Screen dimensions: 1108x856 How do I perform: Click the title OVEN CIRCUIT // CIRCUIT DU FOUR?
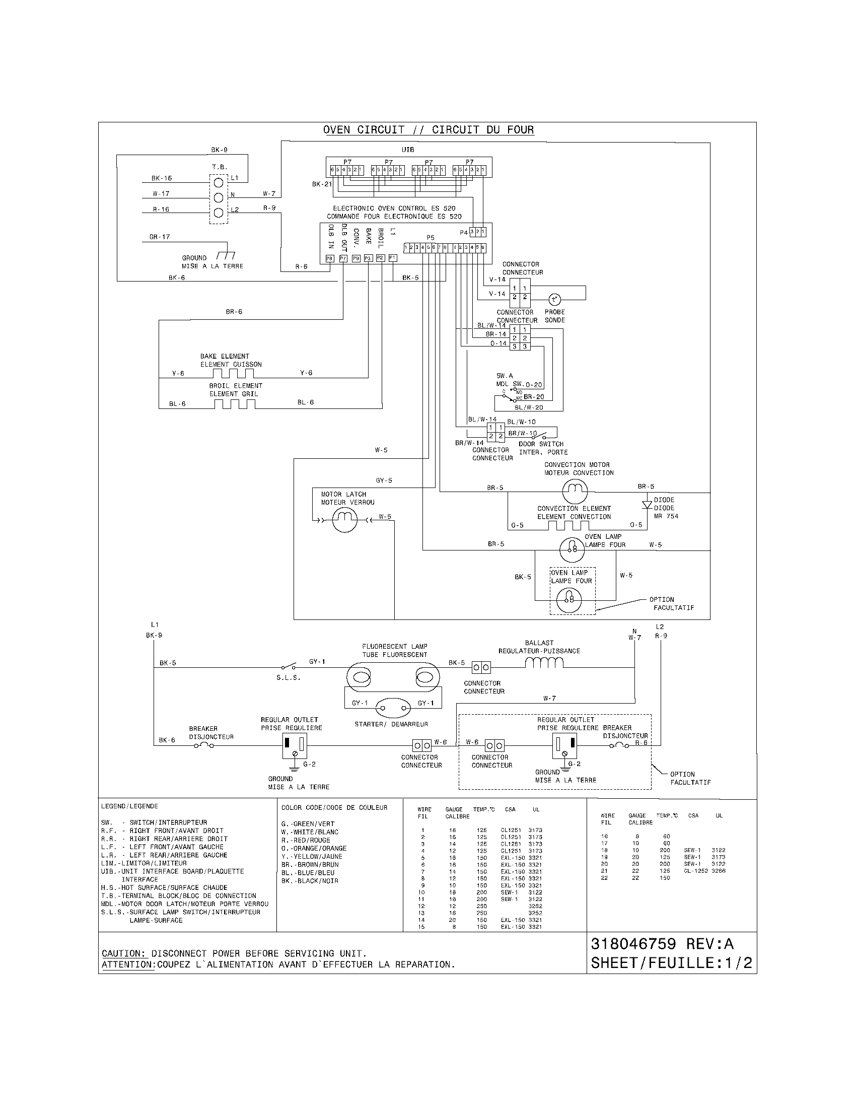[x=428, y=130]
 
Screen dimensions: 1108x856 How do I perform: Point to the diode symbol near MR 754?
[x=647, y=505]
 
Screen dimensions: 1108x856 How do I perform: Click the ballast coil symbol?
[x=544, y=663]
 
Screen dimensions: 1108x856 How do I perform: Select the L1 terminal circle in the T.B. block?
[x=219, y=182]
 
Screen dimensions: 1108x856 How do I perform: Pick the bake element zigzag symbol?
[x=233, y=374]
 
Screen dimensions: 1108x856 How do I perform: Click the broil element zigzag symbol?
[x=234, y=404]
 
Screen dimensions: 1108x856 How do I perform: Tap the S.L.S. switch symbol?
[x=289, y=667]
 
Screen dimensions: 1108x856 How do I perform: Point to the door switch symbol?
[x=539, y=435]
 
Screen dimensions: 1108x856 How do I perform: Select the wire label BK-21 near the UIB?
[x=322, y=184]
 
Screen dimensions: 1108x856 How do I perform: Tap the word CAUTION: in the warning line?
[x=124, y=954]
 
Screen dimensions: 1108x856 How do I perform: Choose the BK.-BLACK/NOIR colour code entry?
[x=309, y=881]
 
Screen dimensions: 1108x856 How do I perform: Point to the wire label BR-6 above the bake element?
[x=234, y=311]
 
